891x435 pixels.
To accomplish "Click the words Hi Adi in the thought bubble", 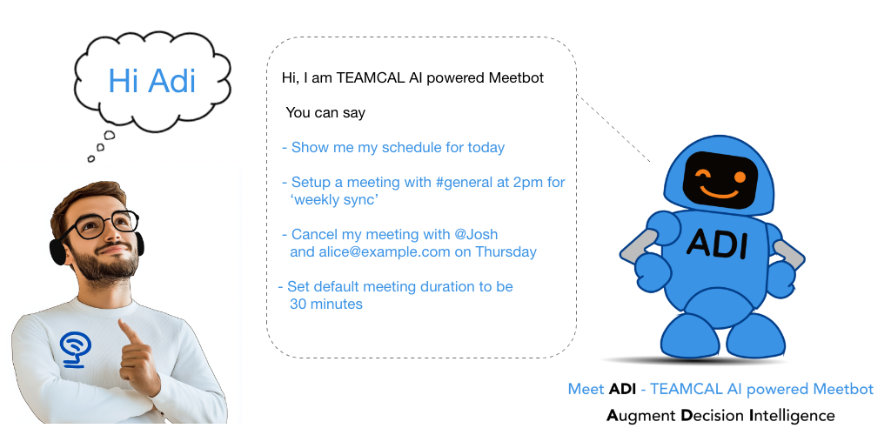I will point(151,80).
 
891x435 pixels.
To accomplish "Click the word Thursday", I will point(506,252).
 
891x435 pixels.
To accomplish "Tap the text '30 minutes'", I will point(325,304).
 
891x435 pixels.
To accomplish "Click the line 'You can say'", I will point(325,113).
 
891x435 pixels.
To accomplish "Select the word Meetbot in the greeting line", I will point(512,78).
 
